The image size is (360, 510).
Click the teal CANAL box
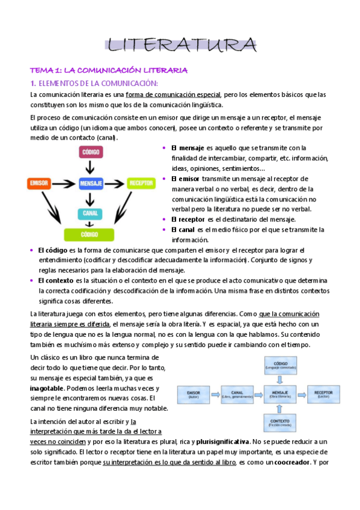pos(91,213)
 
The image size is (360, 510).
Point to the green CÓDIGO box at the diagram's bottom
pos(91,235)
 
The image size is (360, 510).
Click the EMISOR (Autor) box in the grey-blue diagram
pos(193,395)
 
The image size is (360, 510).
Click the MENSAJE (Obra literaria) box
pos(279,395)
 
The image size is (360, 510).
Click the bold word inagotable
pos(50,389)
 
